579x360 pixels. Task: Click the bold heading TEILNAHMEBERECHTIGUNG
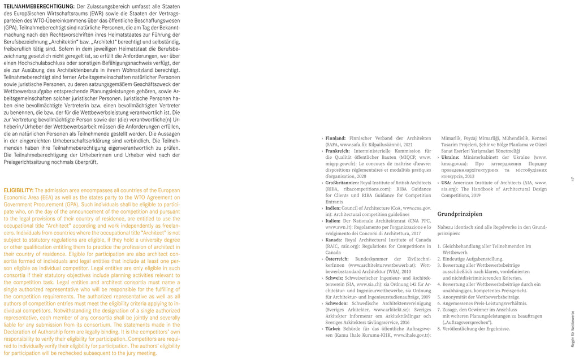(38, 5)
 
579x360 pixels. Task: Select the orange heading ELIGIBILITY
(18, 190)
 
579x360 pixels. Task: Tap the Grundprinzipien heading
(460, 215)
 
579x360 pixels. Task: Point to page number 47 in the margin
(572, 179)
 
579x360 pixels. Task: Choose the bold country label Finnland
(336, 138)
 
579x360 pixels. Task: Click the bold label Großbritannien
(342, 183)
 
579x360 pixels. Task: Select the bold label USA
(446, 183)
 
